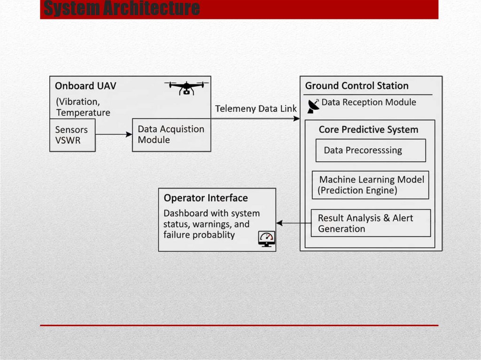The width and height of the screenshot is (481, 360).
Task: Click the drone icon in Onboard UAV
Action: pos(186,87)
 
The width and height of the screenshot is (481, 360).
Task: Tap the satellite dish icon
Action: pos(313,106)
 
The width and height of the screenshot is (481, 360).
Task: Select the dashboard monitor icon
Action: pos(267,239)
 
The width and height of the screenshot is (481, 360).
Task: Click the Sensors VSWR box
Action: pos(72,135)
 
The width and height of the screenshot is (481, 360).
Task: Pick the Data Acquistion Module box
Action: pos(171,135)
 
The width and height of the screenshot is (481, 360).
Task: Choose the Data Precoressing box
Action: pos(370,150)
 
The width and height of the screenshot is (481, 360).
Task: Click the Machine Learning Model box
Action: pos(370,185)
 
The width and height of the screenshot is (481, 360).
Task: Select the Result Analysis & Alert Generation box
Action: pos(370,223)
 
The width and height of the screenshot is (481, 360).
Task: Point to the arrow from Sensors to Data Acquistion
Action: pos(114,135)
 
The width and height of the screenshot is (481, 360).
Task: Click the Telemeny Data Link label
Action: pos(256,109)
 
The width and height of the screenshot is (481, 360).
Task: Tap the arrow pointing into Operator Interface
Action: pos(281,223)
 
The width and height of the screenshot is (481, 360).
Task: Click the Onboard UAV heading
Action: pos(85,86)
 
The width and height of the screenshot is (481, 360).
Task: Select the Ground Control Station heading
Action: pos(357,86)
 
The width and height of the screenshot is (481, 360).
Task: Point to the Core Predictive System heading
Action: pos(368,130)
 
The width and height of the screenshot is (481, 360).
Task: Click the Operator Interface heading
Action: pos(206,198)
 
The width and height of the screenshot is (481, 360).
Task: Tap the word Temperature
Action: pos(83,113)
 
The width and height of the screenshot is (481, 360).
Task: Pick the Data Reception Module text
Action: pos(369,102)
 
